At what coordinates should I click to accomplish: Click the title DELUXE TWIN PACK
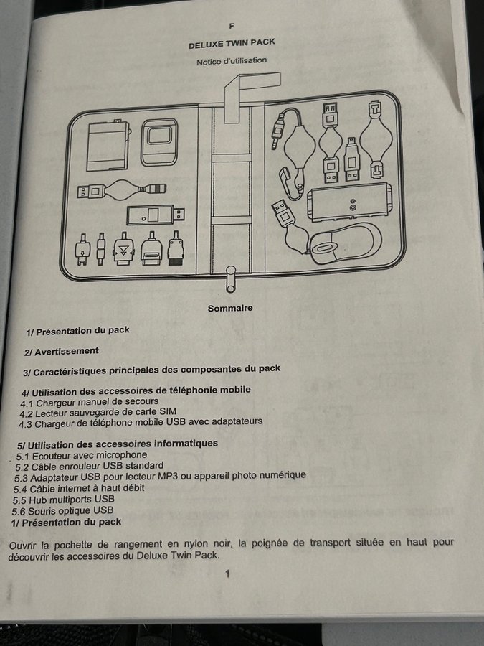click(x=232, y=43)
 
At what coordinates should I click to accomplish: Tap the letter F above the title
click(x=232, y=26)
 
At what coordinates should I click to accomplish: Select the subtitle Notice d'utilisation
click(x=232, y=61)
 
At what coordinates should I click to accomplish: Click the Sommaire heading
click(x=230, y=308)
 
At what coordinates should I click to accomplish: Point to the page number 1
click(x=227, y=574)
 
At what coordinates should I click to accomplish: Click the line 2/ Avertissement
click(x=62, y=352)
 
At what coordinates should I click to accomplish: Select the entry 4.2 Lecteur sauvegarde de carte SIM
click(x=98, y=412)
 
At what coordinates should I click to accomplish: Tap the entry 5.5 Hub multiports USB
click(x=63, y=500)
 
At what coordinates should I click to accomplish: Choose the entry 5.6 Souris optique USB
click(x=62, y=511)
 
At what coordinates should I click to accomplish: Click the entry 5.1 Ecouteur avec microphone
click(x=82, y=456)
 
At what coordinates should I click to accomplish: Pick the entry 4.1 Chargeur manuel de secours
click(x=90, y=402)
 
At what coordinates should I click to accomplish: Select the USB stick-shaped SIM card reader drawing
click(x=156, y=215)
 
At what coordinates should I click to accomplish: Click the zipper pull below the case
click(x=231, y=279)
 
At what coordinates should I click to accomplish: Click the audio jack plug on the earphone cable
click(x=280, y=130)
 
